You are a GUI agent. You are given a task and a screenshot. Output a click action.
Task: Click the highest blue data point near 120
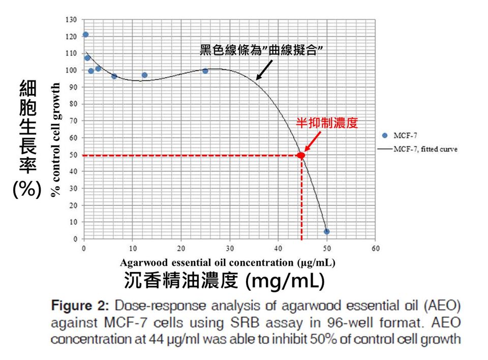tap(85, 34)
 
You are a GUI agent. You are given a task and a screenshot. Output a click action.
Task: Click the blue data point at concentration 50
tap(326, 231)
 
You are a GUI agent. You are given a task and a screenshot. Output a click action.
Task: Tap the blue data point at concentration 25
tap(205, 71)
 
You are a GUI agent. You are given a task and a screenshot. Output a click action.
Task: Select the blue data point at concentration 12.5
tap(144, 75)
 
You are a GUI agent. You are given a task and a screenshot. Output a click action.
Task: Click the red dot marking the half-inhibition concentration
tap(300, 155)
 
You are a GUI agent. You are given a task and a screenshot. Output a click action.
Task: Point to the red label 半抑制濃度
tap(327, 123)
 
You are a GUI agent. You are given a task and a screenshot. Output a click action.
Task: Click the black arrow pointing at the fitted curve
tap(264, 70)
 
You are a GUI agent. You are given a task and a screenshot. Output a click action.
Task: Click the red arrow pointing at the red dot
tap(313, 142)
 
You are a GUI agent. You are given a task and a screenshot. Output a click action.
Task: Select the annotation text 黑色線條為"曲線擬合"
tap(261, 50)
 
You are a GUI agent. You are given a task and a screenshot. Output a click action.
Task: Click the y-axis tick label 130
tap(71, 20)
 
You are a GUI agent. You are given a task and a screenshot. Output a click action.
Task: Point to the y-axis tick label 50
tap(73, 155)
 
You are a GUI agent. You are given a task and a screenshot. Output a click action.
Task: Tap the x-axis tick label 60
tap(376, 248)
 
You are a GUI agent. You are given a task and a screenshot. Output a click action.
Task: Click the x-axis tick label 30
tap(230, 248)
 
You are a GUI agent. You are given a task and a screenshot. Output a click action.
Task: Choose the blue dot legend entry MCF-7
tap(400, 135)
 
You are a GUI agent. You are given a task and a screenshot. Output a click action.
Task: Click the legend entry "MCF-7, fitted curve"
tap(418, 149)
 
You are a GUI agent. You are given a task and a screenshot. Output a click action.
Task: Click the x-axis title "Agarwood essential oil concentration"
tap(207, 262)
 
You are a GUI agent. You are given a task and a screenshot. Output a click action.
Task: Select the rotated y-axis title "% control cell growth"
tap(55, 139)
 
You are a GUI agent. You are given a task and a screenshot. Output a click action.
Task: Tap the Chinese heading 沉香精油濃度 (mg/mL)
tap(224, 280)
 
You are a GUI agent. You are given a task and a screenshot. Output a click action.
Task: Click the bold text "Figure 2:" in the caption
tap(80, 306)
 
